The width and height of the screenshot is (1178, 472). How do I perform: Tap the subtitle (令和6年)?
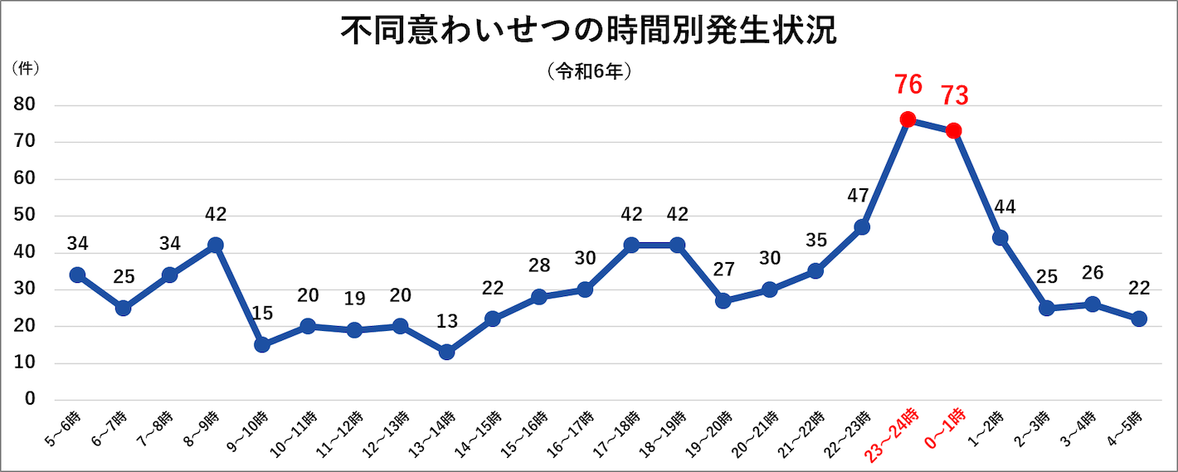(x=589, y=72)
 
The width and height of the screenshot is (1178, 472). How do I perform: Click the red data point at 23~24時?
(x=908, y=119)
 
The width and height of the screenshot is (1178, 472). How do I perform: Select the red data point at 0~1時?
(x=954, y=130)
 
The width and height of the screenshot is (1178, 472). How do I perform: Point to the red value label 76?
(x=908, y=85)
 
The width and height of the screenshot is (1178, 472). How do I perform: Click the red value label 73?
(x=954, y=96)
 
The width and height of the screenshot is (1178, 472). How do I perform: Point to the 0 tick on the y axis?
(x=31, y=400)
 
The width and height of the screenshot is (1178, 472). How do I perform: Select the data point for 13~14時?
(x=446, y=352)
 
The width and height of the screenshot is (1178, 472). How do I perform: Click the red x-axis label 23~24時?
(x=892, y=432)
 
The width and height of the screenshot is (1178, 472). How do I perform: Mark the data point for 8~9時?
(x=216, y=245)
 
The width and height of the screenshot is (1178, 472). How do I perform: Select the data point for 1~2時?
(x=1000, y=237)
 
